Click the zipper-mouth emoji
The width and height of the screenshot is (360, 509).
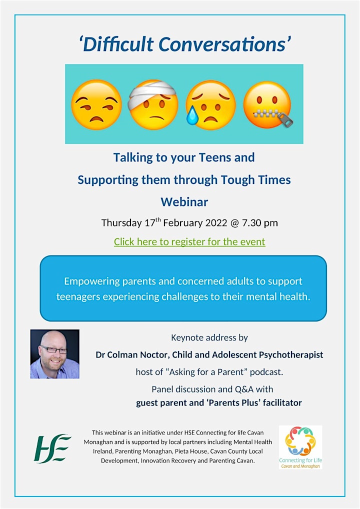coord(267,104)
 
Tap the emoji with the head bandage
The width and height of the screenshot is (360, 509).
coord(153,104)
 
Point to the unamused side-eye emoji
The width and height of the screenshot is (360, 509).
coord(96,104)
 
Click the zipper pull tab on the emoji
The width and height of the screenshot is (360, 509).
coord(285,119)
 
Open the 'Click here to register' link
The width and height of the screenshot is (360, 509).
coord(189,242)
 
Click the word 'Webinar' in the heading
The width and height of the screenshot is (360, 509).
coord(184,202)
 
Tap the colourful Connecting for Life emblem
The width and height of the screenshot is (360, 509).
coord(300,441)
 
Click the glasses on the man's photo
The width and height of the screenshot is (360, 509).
coord(53,350)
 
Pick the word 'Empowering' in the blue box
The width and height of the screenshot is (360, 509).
coord(92,281)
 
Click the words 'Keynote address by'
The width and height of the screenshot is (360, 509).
coord(209,337)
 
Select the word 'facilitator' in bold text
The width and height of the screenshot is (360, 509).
coord(282,403)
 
